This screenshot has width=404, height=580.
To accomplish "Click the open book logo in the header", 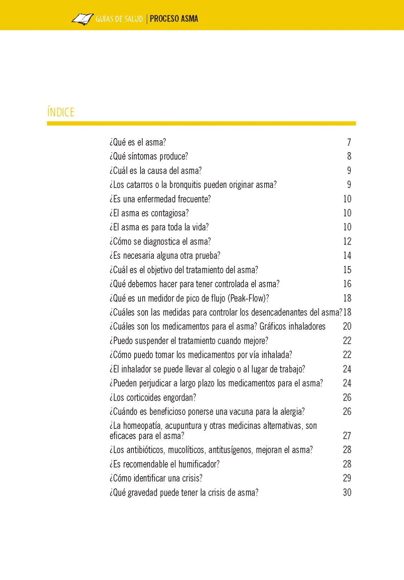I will [83, 19].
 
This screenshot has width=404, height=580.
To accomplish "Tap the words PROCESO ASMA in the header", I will [174, 19].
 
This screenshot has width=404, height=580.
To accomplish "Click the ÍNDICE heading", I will [61, 112].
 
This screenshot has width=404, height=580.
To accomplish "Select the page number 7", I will [349, 142].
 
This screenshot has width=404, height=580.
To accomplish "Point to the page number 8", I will [349, 156].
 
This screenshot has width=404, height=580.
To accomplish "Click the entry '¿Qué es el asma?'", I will [138, 142].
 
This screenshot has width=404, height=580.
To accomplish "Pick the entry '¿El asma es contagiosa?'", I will [149, 213].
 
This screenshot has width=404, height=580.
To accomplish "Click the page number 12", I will [347, 241].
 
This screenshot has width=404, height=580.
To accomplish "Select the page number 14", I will [347, 256].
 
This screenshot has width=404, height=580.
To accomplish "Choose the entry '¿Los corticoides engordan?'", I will [153, 398].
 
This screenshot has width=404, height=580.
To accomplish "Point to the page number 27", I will [347, 436].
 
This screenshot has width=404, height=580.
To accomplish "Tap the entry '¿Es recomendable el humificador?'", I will [164, 464].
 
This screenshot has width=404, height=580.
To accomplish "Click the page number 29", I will [347, 478].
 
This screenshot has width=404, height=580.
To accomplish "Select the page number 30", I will [347, 493].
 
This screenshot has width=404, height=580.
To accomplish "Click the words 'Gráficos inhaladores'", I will [292, 327].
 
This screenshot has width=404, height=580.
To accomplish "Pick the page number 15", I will [347, 270].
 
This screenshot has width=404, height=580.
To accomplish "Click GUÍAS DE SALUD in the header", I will [119, 19].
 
